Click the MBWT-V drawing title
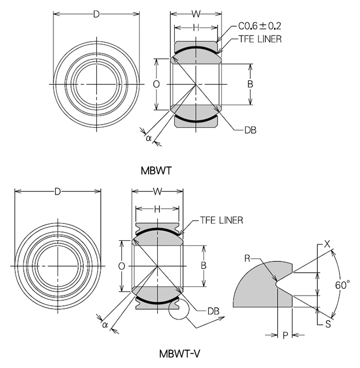coord(179,354)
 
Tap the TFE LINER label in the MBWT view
coord(260,39)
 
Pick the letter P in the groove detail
coord(284,336)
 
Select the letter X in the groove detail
coord(327,244)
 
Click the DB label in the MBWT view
coord(250,131)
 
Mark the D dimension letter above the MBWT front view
coord(96,14)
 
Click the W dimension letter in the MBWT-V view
coord(158,191)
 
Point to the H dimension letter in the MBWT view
coord(196,27)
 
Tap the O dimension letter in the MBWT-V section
coord(121,266)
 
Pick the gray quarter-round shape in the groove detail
coord(257,286)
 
